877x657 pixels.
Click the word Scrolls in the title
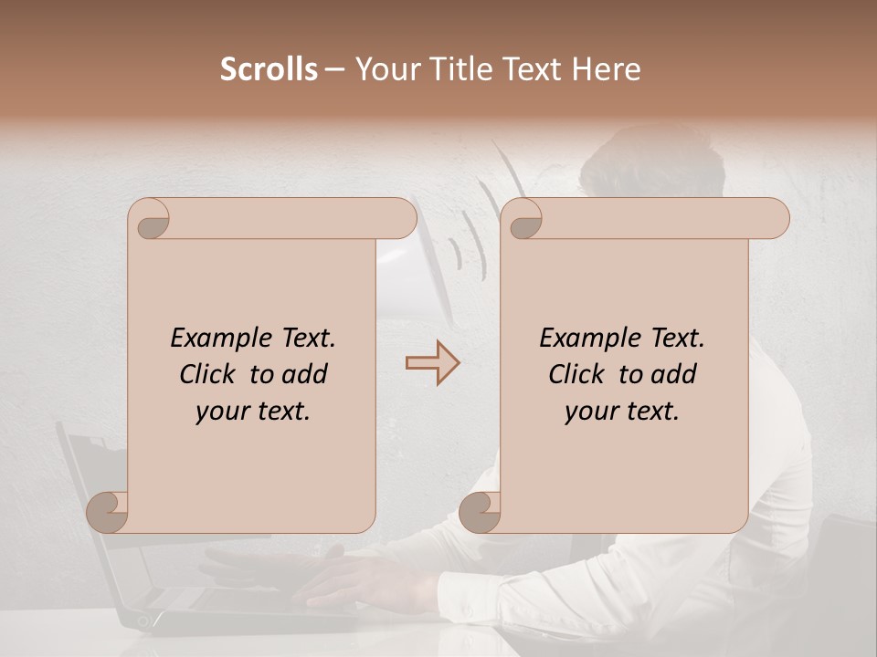coord(269,69)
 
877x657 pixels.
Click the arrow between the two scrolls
coord(432,363)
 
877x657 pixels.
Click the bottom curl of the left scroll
coord(109,511)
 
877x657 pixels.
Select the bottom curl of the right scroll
coord(481,511)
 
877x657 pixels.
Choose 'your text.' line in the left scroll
coord(253,412)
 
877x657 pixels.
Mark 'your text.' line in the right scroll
coord(622,412)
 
